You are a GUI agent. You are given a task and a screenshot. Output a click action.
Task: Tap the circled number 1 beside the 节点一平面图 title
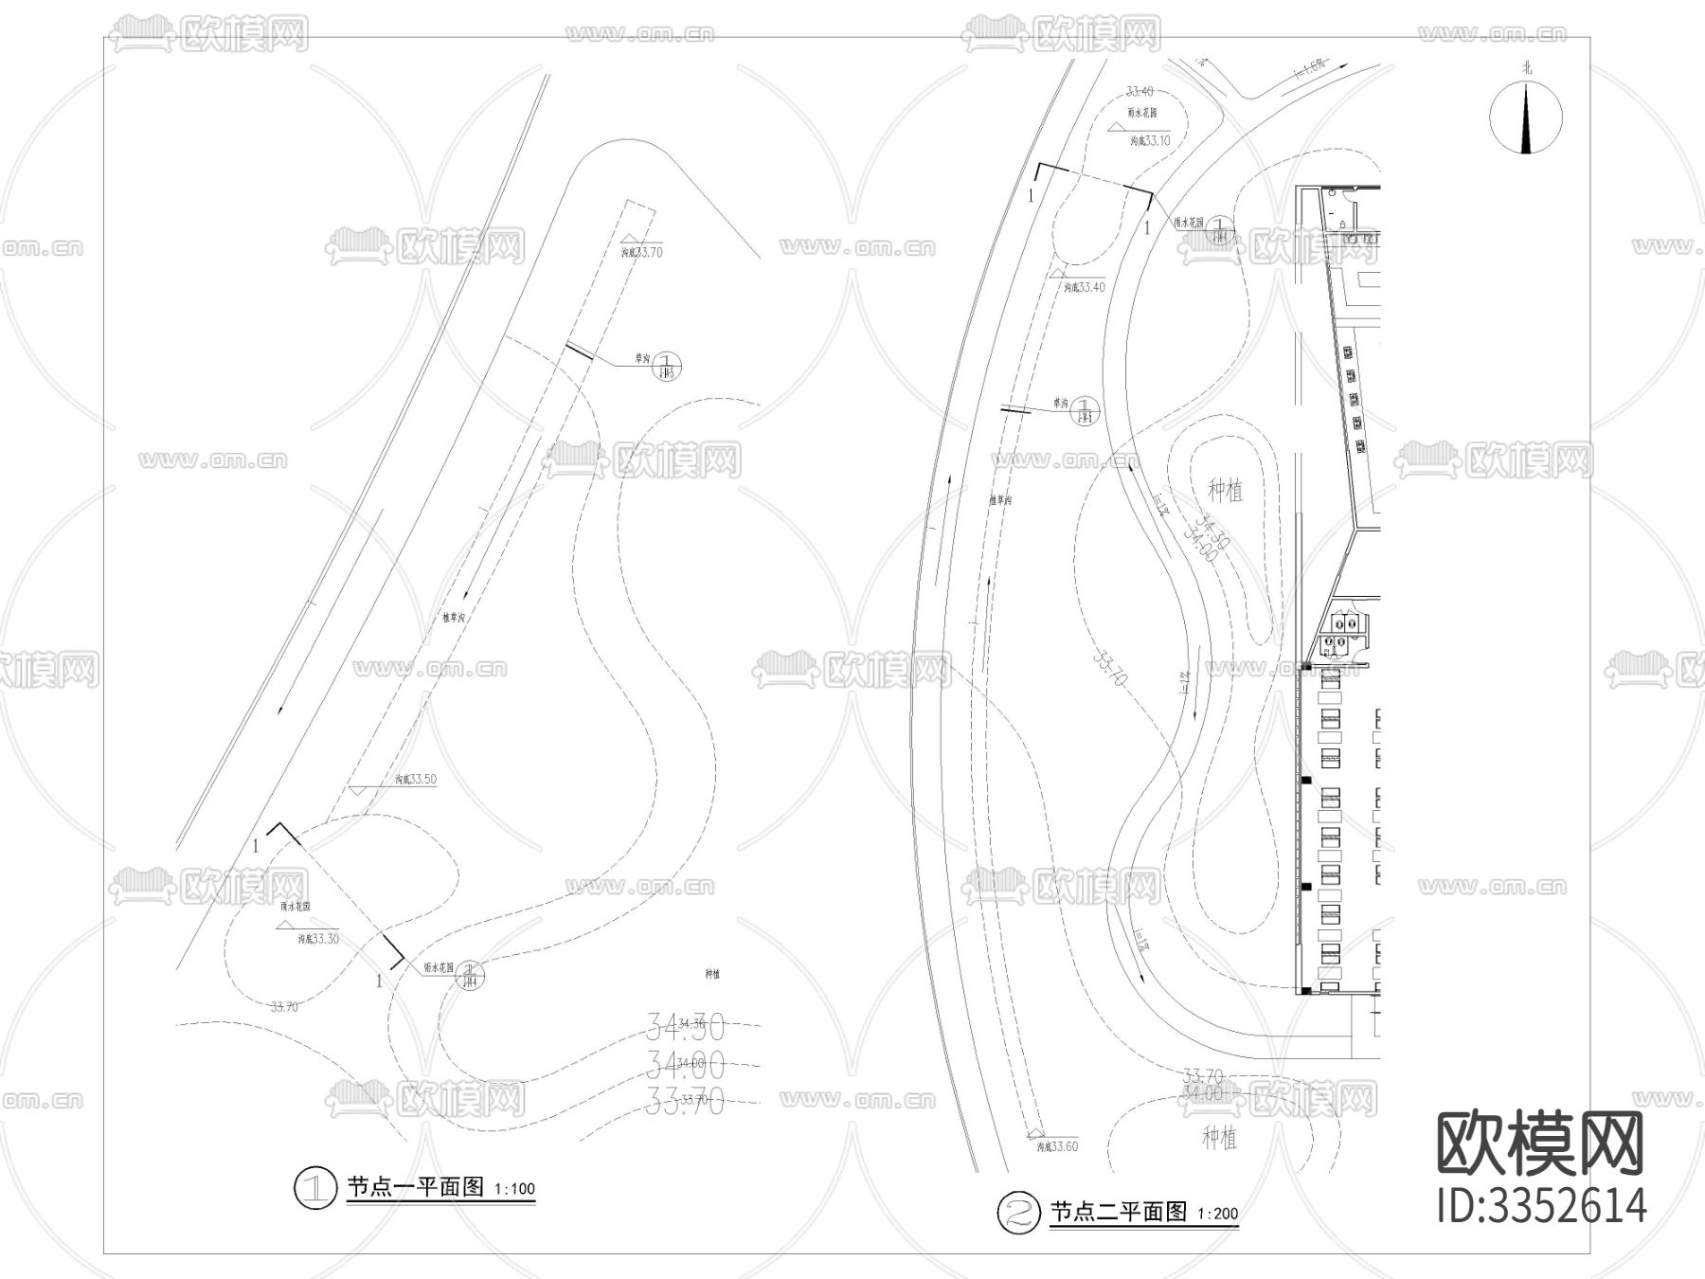315,1188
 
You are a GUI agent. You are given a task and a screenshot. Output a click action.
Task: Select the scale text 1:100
515,1189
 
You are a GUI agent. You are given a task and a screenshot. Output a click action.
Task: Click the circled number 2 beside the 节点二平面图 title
1018,1213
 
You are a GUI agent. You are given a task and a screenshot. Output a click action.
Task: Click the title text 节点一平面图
416,1187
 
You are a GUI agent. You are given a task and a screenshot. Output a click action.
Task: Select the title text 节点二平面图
1118,1212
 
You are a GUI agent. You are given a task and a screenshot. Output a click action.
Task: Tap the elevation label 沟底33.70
641,252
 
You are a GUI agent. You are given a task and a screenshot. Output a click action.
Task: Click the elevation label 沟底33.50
416,780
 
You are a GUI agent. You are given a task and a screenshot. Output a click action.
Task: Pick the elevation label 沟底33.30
317,939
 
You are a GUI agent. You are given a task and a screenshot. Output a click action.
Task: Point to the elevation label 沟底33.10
1150,140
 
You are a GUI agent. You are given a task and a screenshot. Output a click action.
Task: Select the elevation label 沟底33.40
1084,287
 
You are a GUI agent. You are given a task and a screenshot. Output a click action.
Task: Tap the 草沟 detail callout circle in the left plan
667,365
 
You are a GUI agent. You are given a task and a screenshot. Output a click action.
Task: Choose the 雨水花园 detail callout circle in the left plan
471,974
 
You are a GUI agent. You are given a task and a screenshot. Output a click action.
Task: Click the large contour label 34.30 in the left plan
686,1025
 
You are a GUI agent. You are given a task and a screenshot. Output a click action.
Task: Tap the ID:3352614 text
1542,1204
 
